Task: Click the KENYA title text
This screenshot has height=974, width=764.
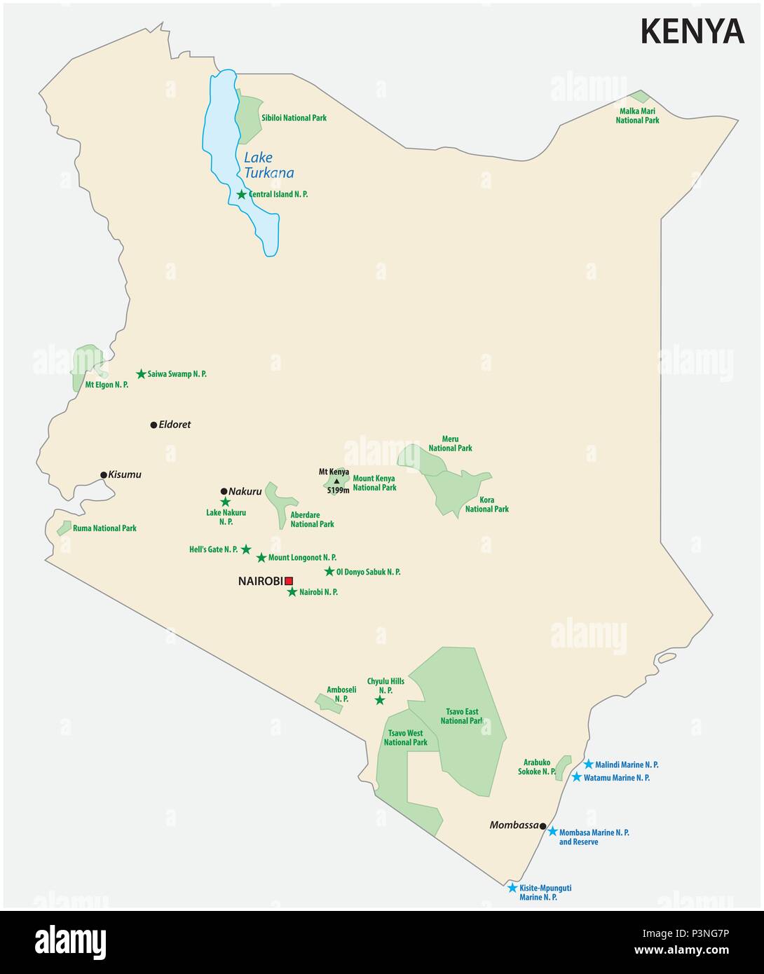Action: coord(692,32)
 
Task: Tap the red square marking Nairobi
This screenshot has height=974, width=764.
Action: coord(288,580)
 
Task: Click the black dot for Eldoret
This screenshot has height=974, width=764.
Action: coord(154,425)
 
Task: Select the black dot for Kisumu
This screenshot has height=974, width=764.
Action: coord(104,475)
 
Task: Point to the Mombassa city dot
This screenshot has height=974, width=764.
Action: coord(543,826)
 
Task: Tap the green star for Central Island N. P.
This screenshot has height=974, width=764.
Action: coord(242,194)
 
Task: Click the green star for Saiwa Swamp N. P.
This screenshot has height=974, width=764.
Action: coord(141,374)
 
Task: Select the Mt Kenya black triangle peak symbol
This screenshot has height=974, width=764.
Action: coord(336,481)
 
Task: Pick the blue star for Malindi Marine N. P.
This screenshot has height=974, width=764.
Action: coord(589,764)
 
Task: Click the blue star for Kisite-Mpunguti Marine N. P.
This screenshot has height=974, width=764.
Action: coord(512,888)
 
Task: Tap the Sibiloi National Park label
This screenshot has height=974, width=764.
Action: coord(294,118)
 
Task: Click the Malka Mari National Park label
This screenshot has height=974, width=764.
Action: coord(637,116)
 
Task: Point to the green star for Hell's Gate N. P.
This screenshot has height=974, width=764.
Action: coord(246,549)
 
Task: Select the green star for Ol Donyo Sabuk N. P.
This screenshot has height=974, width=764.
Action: coord(329,572)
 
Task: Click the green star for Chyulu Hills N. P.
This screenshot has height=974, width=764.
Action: coord(380,700)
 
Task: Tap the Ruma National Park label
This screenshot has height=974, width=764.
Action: coord(104,528)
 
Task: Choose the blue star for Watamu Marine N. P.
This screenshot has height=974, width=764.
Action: coord(576,778)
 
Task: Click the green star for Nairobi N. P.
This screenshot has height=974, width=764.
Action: coord(292,592)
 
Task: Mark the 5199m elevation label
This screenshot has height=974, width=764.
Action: coord(338,491)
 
